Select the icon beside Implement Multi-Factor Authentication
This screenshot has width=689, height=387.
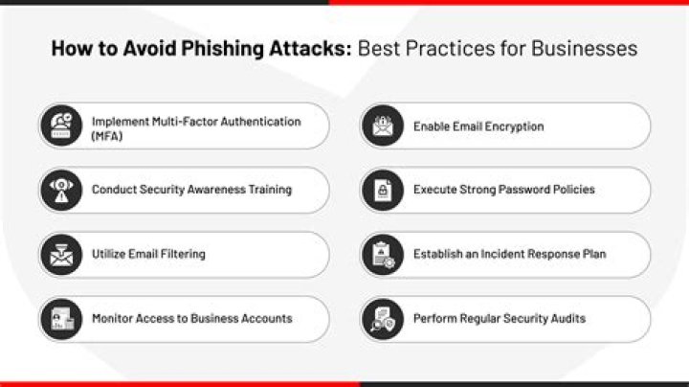59,126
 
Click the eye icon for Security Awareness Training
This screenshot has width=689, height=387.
59,190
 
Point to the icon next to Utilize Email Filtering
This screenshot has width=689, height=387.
59,254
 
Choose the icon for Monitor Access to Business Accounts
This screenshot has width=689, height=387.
59,318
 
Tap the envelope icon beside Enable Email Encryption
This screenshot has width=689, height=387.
381,126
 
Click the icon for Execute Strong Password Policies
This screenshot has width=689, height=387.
381,190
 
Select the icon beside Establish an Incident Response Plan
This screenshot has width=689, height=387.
381,254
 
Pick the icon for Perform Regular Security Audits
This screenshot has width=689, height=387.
381,318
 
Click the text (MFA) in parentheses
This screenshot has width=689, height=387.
108,135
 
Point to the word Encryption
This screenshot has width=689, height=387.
511,126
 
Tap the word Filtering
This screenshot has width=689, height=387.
182,254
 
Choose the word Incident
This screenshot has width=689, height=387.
503,254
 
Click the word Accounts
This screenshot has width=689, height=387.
267,318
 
